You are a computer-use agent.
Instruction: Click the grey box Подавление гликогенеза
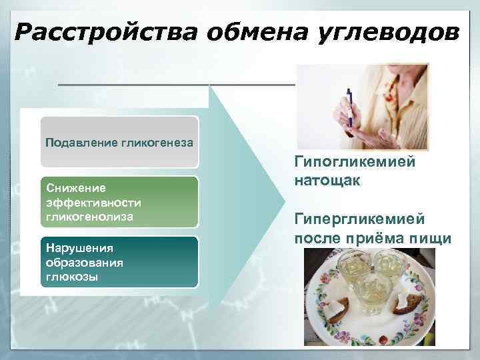pos(119,142)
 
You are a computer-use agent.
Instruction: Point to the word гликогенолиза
pos(89,217)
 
